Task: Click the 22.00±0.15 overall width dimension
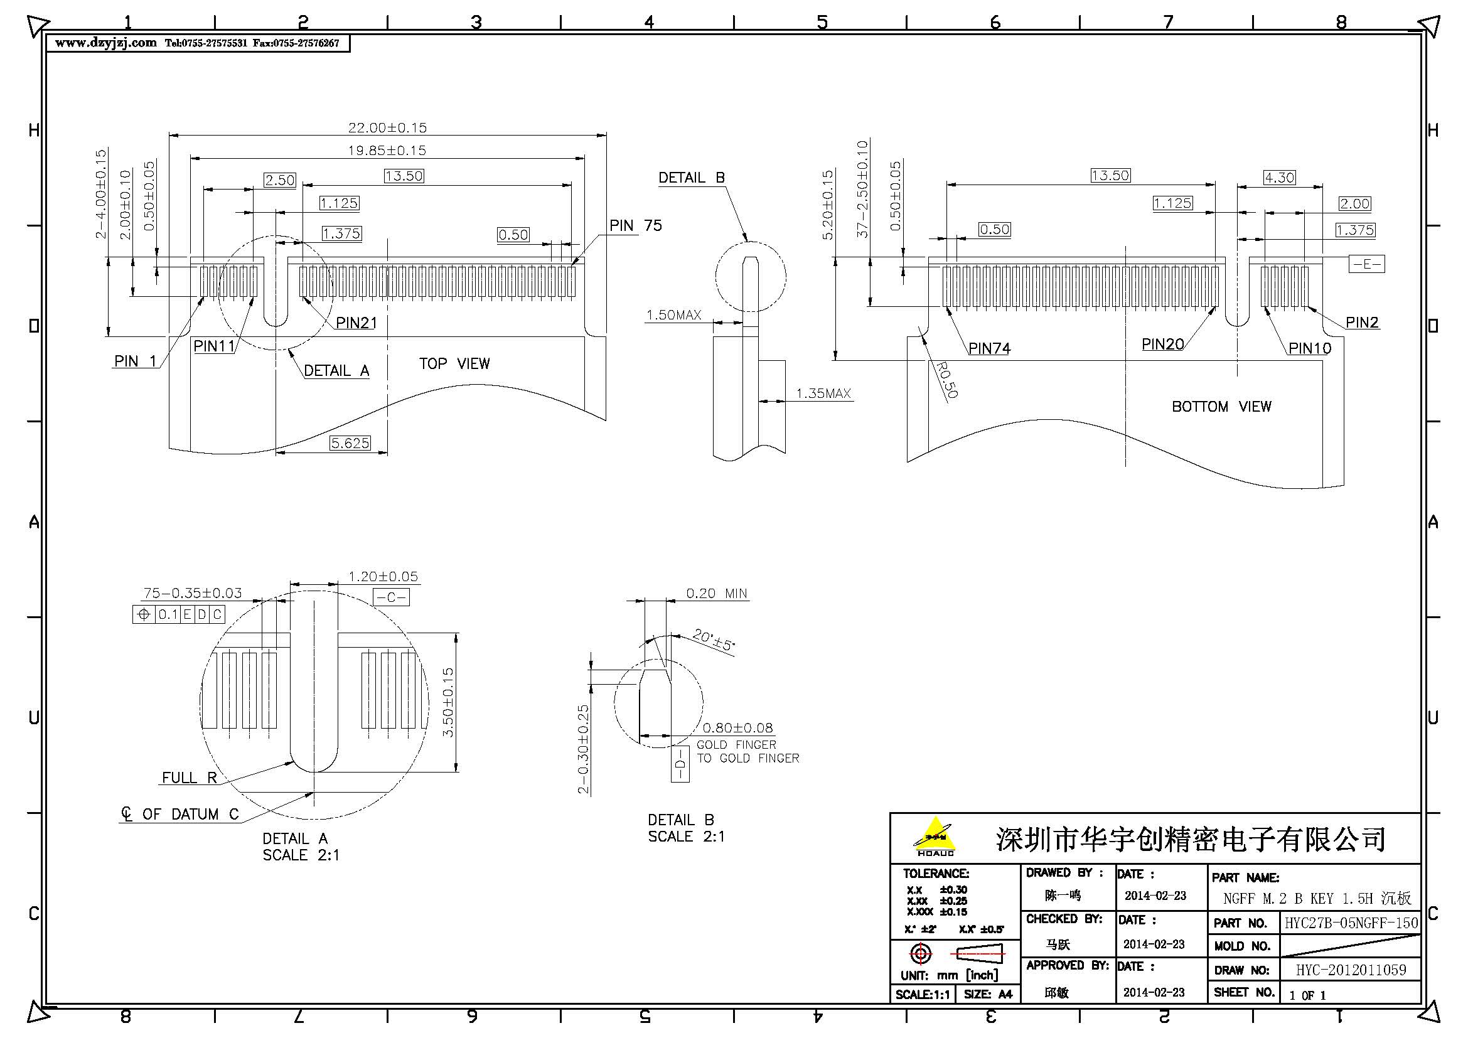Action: [x=387, y=127]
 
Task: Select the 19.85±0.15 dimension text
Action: [x=387, y=150]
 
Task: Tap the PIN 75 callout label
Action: [x=635, y=225]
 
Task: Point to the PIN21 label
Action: [x=356, y=323]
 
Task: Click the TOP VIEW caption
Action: [x=454, y=364]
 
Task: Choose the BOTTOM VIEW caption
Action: [x=1221, y=407]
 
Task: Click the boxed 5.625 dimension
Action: [x=350, y=443]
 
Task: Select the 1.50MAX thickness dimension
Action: [x=673, y=314]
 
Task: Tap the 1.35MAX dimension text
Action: [x=823, y=393]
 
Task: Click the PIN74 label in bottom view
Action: [x=988, y=348]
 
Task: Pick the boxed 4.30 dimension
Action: [x=1278, y=177]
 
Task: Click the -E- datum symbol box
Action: [x=1366, y=264]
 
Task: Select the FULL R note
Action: [x=190, y=778]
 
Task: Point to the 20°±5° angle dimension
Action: [x=714, y=639]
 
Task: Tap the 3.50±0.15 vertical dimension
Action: [x=448, y=702]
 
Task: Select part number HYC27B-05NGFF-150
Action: [x=1351, y=923]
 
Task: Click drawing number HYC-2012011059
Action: [x=1351, y=970]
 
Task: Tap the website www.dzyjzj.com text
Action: [x=105, y=43]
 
